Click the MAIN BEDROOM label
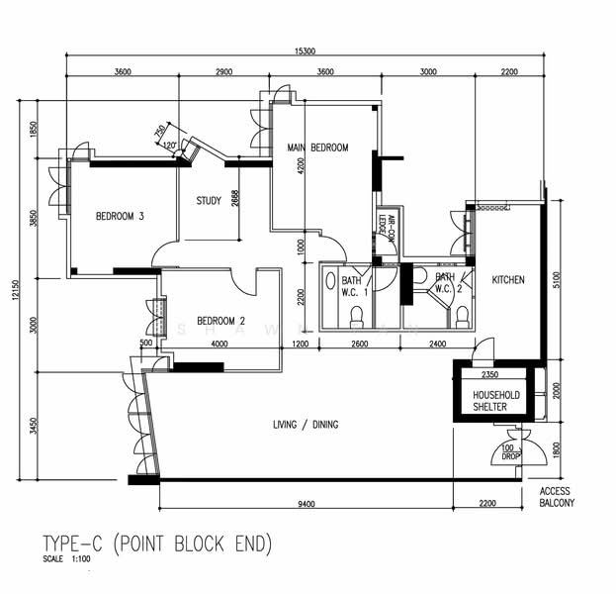pyautogui.click(x=317, y=148)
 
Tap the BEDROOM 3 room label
pyautogui.click(x=120, y=216)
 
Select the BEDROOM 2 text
pyautogui.click(x=220, y=320)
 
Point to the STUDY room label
pyautogui.click(x=208, y=201)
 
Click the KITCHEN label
pyautogui.click(x=508, y=280)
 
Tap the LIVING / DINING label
pyautogui.click(x=306, y=425)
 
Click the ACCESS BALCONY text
pyautogui.click(x=557, y=497)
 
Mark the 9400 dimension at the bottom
pyautogui.click(x=306, y=505)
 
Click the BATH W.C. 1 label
pyautogui.click(x=354, y=285)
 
